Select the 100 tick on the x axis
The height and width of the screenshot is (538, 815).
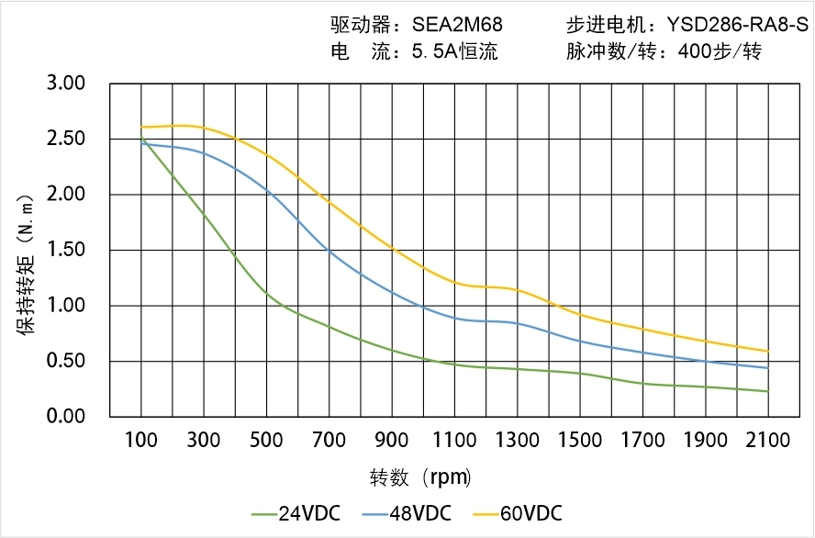pyautogui.click(x=141, y=441)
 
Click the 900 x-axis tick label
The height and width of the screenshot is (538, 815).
pyautogui.click(x=392, y=441)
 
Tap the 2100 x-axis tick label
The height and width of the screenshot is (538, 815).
pyautogui.click(x=768, y=441)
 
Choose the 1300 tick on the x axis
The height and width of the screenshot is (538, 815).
pyautogui.click(x=518, y=441)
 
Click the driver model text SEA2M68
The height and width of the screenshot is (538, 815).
pyautogui.click(x=456, y=25)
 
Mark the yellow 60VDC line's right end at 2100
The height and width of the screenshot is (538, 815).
pyautogui.click(x=768, y=351)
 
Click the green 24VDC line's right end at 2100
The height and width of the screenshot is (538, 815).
pyautogui.click(x=768, y=391)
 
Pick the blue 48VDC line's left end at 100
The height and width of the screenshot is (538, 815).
pyautogui.click(x=141, y=143)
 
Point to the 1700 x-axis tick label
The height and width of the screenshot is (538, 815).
pyautogui.click(x=642, y=441)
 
